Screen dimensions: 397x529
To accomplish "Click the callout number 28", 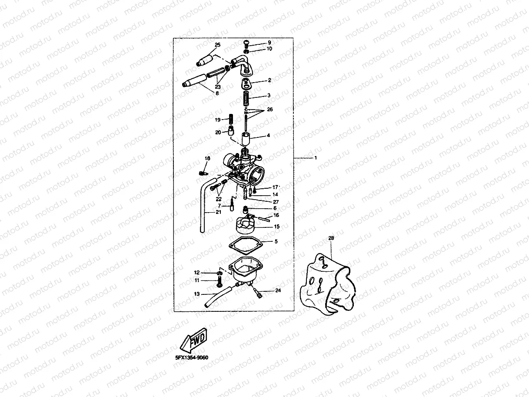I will pos(331,238).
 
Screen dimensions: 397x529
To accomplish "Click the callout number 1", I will pos(316,158).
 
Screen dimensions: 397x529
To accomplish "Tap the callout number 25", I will pos(218,45).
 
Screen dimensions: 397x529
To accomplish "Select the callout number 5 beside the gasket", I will pos(275,241).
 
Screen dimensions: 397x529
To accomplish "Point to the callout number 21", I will pos(218,212).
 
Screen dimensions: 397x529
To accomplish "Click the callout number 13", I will pos(196,294).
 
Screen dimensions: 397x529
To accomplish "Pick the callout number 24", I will pos(278,290).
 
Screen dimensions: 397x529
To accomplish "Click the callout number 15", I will pos(276,227).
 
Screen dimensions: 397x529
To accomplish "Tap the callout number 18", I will pos(207,159).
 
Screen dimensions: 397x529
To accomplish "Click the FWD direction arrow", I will pos(194,340).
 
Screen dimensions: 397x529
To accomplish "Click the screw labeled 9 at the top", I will pos(247,43).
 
